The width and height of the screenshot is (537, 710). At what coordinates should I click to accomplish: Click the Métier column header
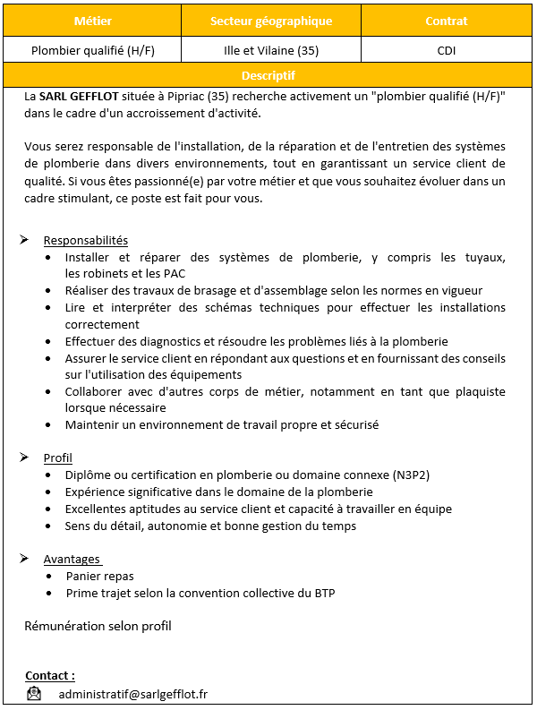coord(93,21)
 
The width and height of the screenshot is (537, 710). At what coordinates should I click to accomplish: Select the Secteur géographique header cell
coord(270,21)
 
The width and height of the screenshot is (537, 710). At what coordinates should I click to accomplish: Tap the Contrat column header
coord(446,21)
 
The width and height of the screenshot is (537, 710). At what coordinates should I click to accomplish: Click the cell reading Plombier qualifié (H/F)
coord(93,50)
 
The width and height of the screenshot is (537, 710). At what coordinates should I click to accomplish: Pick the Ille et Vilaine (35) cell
coord(270,50)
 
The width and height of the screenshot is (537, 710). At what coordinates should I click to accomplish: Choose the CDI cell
coord(446,50)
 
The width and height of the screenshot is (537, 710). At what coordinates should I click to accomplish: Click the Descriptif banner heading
coord(268,75)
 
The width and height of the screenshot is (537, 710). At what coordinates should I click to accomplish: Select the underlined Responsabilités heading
coord(86,240)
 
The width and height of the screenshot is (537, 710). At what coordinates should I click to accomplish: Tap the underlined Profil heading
coord(58,458)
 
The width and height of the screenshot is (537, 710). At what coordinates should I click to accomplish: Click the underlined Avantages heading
coord(72,559)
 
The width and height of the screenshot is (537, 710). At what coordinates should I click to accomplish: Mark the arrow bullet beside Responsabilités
coord(24,240)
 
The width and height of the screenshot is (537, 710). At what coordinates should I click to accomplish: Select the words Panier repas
coord(100,576)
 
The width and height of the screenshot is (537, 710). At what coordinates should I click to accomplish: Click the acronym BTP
coord(323,593)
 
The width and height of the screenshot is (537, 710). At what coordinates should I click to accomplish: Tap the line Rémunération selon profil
coord(98,626)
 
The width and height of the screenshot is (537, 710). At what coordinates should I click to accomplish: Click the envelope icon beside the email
coord(34,694)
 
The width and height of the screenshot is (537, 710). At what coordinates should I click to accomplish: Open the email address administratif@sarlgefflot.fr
coord(133,694)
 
